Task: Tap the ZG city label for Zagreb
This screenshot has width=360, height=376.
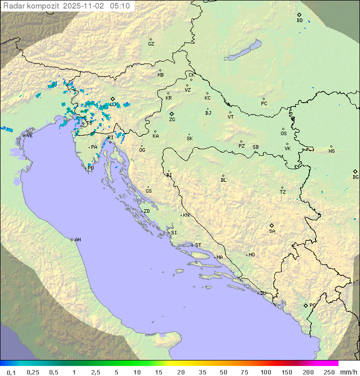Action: (x=172, y=120)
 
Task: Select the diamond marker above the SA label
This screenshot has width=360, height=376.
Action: (x=272, y=225)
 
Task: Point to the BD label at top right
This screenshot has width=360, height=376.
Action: (x=299, y=21)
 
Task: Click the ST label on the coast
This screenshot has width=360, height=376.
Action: (x=198, y=245)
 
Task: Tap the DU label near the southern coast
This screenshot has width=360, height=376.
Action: (x=262, y=293)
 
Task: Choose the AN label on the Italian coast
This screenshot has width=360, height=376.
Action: (x=77, y=240)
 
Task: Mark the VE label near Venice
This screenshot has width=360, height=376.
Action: (x=29, y=135)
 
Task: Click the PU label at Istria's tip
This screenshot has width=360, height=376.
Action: (x=90, y=168)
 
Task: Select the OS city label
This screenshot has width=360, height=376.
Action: (x=283, y=134)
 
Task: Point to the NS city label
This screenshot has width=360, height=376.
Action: (x=331, y=151)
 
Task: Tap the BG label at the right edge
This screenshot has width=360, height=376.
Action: (x=355, y=177)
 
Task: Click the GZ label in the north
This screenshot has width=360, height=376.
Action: (x=151, y=44)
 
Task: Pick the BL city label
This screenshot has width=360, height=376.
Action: (x=223, y=180)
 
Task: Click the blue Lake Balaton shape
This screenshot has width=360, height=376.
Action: (x=242, y=51)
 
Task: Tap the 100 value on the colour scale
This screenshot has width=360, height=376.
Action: (x=265, y=372)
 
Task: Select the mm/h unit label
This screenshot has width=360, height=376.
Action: (x=346, y=372)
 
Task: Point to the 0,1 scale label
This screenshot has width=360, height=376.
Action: (x=11, y=372)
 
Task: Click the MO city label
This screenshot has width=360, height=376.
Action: (x=251, y=255)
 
